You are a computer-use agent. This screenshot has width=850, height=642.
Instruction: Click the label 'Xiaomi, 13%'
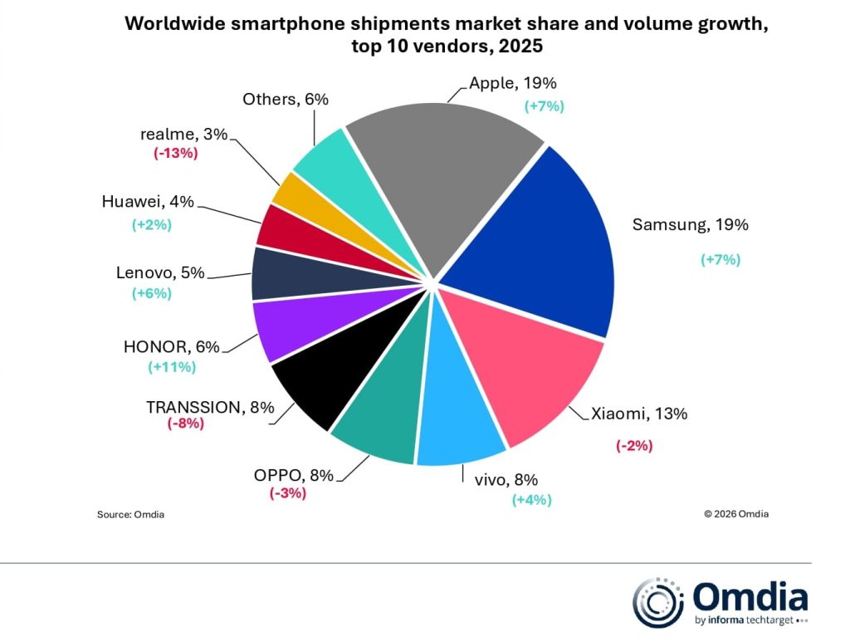(639, 414)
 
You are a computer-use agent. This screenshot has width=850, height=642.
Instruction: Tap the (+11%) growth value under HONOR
(172, 366)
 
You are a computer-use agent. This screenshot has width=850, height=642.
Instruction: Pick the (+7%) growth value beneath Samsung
(720, 259)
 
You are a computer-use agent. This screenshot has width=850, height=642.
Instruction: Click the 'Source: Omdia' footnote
(130, 514)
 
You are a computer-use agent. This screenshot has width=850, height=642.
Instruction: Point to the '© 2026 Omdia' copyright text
(735, 513)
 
